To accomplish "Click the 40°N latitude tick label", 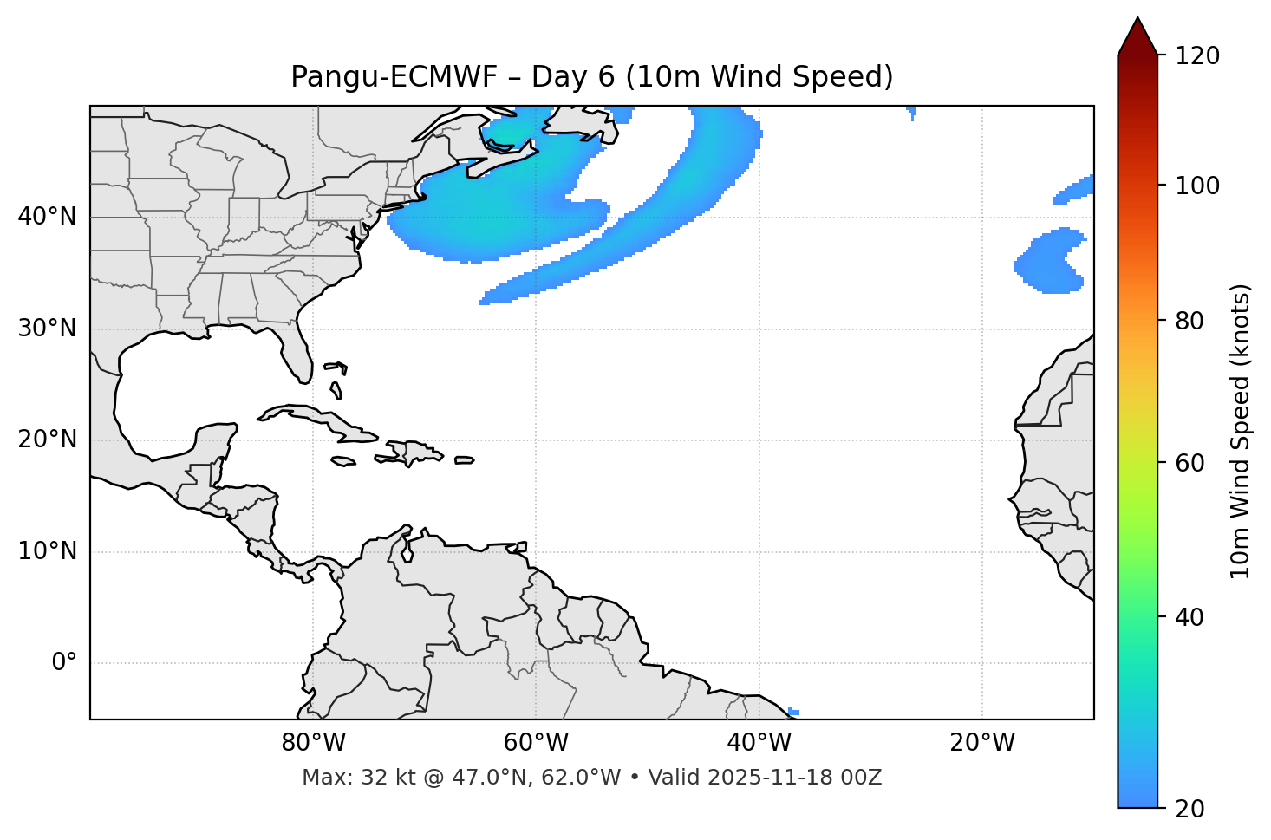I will click(47, 217).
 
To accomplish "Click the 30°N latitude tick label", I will click(47, 329).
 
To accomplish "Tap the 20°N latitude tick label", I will click(47, 440).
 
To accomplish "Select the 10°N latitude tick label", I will click(47, 551).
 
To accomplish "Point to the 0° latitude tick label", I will click(63, 663).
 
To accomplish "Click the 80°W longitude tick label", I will click(313, 743).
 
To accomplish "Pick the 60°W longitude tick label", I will click(536, 743).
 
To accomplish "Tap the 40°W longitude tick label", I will click(759, 743).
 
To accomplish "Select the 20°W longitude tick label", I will click(982, 743).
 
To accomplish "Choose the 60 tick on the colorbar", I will click(1192, 463).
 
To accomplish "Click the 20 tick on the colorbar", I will click(1192, 809).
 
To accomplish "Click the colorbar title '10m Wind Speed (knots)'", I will click(1242, 431).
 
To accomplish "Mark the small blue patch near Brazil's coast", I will click(793, 712).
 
